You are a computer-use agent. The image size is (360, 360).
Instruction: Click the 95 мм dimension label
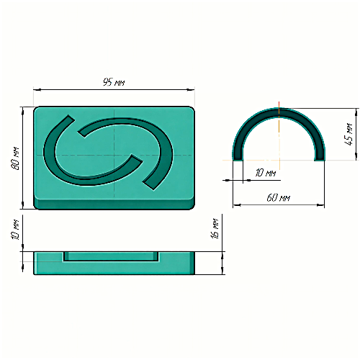[x=114, y=82]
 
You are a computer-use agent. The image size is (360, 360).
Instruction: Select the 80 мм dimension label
[x=15, y=158]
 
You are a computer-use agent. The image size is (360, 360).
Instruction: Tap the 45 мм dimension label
[x=348, y=134]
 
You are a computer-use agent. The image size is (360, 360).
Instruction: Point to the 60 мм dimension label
[x=279, y=198]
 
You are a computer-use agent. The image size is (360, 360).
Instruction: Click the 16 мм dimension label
[x=215, y=228]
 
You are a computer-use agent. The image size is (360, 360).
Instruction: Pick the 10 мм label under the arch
[x=266, y=173]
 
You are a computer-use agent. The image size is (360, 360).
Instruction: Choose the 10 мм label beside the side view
[x=15, y=229]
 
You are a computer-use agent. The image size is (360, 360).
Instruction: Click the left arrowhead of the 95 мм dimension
[x=37, y=90]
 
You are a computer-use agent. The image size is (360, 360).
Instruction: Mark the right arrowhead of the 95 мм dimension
[x=191, y=90]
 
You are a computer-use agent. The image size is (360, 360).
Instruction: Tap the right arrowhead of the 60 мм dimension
[x=320, y=205]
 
